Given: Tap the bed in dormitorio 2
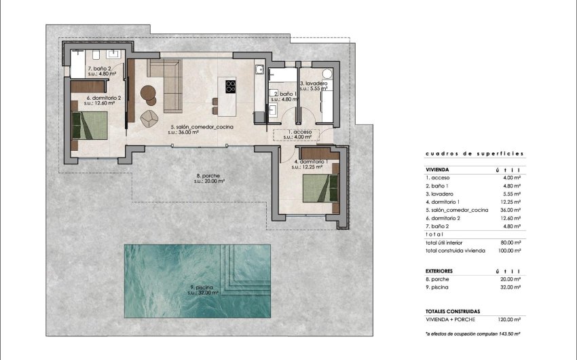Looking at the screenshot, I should click(91, 126).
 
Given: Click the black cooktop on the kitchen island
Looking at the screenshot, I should click(230, 86).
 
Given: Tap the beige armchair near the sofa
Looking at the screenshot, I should click(149, 118).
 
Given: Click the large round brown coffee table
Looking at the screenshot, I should click(148, 93).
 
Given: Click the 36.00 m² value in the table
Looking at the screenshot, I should click(509, 210).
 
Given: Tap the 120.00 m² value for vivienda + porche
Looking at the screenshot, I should click(509, 319).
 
